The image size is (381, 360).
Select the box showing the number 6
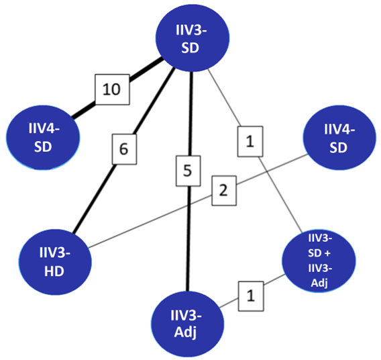click(123, 150)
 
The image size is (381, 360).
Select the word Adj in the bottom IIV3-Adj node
click(188, 332)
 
